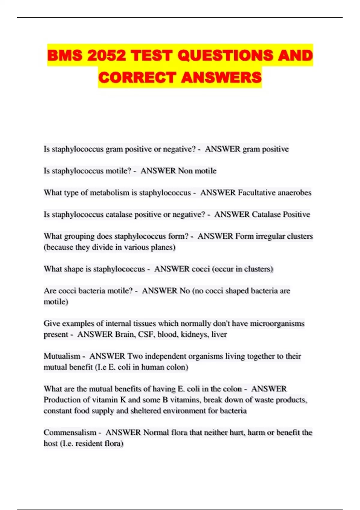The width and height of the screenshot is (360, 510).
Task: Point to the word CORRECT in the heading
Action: [x=137, y=77]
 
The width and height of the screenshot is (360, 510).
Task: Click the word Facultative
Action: [x=256, y=193]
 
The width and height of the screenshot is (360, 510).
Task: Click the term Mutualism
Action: [x=62, y=356]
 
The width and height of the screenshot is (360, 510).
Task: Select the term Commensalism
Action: [x=70, y=432]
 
